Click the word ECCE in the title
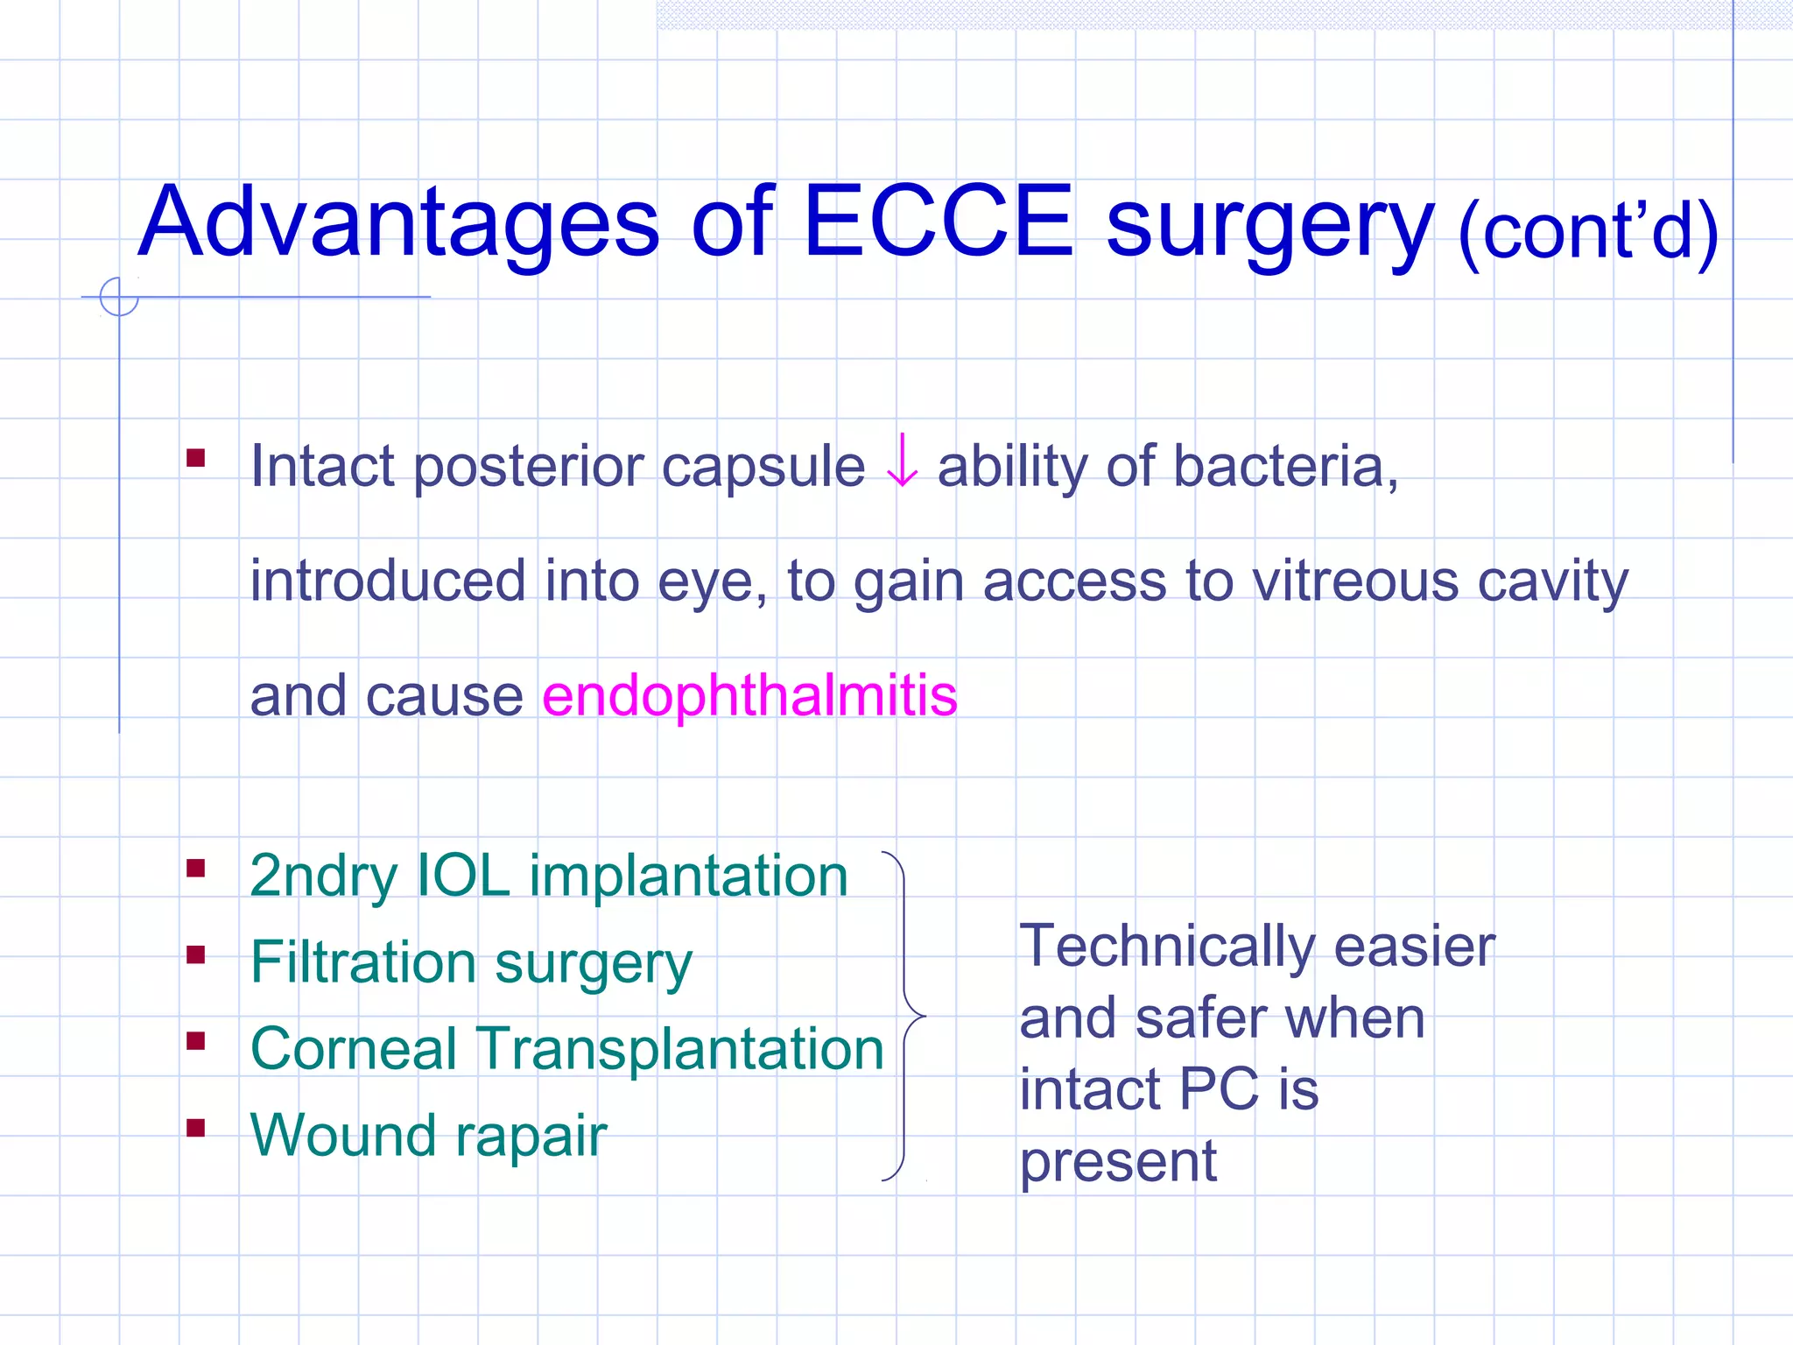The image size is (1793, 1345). coord(938,222)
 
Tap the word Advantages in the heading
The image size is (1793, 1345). coord(398,224)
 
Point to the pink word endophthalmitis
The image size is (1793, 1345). coord(749,697)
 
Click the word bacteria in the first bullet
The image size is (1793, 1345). coord(1283,467)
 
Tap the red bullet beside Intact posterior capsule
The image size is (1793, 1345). coord(196,458)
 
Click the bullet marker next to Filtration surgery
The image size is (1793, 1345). coord(196,954)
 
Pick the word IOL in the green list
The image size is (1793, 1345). coord(462,875)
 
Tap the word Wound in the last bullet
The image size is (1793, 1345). coord(342,1135)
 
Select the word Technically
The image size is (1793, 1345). coord(1165,947)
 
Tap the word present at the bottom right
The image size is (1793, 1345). coord(1118,1163)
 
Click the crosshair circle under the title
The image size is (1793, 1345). coord(119,297)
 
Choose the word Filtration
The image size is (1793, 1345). coord(361,962)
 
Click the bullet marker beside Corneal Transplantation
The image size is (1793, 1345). coord(196,1041)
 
